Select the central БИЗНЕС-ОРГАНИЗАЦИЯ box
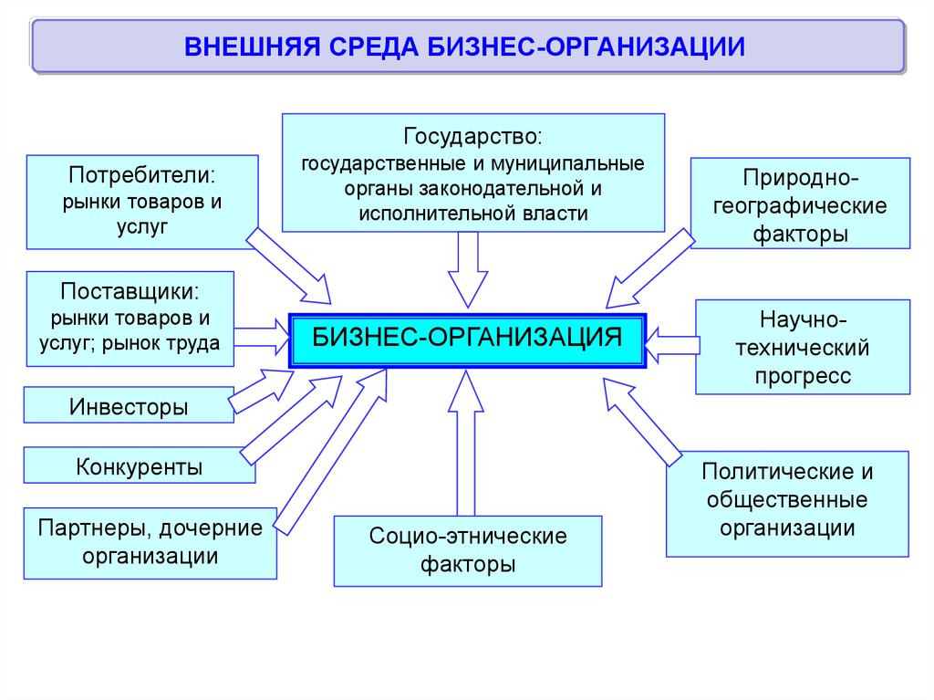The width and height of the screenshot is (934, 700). click(x=467, y=340)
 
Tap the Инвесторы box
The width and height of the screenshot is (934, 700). click(x=129, y=406)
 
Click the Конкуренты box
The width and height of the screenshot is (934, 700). click(x=139, y=466)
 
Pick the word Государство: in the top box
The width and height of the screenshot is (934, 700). click(x=472, y=138)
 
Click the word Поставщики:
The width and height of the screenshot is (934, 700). click(x=130, y=293)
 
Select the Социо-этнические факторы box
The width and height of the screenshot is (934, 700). click(x=467, y=550)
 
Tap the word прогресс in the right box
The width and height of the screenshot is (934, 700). click(x=803, y=375)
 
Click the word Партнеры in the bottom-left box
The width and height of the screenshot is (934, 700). click(x=88, y=528)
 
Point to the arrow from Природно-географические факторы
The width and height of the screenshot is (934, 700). click(x=649, y=268)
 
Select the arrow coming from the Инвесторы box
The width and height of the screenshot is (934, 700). click(x=258, y=390)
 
